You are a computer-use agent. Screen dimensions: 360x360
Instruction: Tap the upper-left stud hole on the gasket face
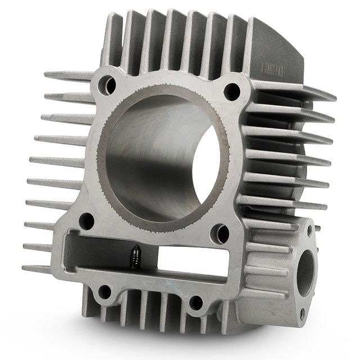click(x=107, y=85)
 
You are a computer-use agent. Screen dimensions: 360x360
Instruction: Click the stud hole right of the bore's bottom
click(x=220, y=234)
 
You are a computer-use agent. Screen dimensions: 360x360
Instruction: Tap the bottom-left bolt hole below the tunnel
click(x=105, y=292)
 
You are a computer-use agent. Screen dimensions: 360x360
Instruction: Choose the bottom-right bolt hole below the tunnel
click(x=196, y=302)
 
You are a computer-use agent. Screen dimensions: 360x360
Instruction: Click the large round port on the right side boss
click(x=305, y=272)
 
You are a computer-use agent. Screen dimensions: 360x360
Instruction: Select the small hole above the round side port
click(x=309, y=229)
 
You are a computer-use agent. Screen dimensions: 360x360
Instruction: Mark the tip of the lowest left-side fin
click(x=25, y=268)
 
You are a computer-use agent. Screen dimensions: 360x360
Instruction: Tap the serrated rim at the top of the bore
click(x=169, y=87)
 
